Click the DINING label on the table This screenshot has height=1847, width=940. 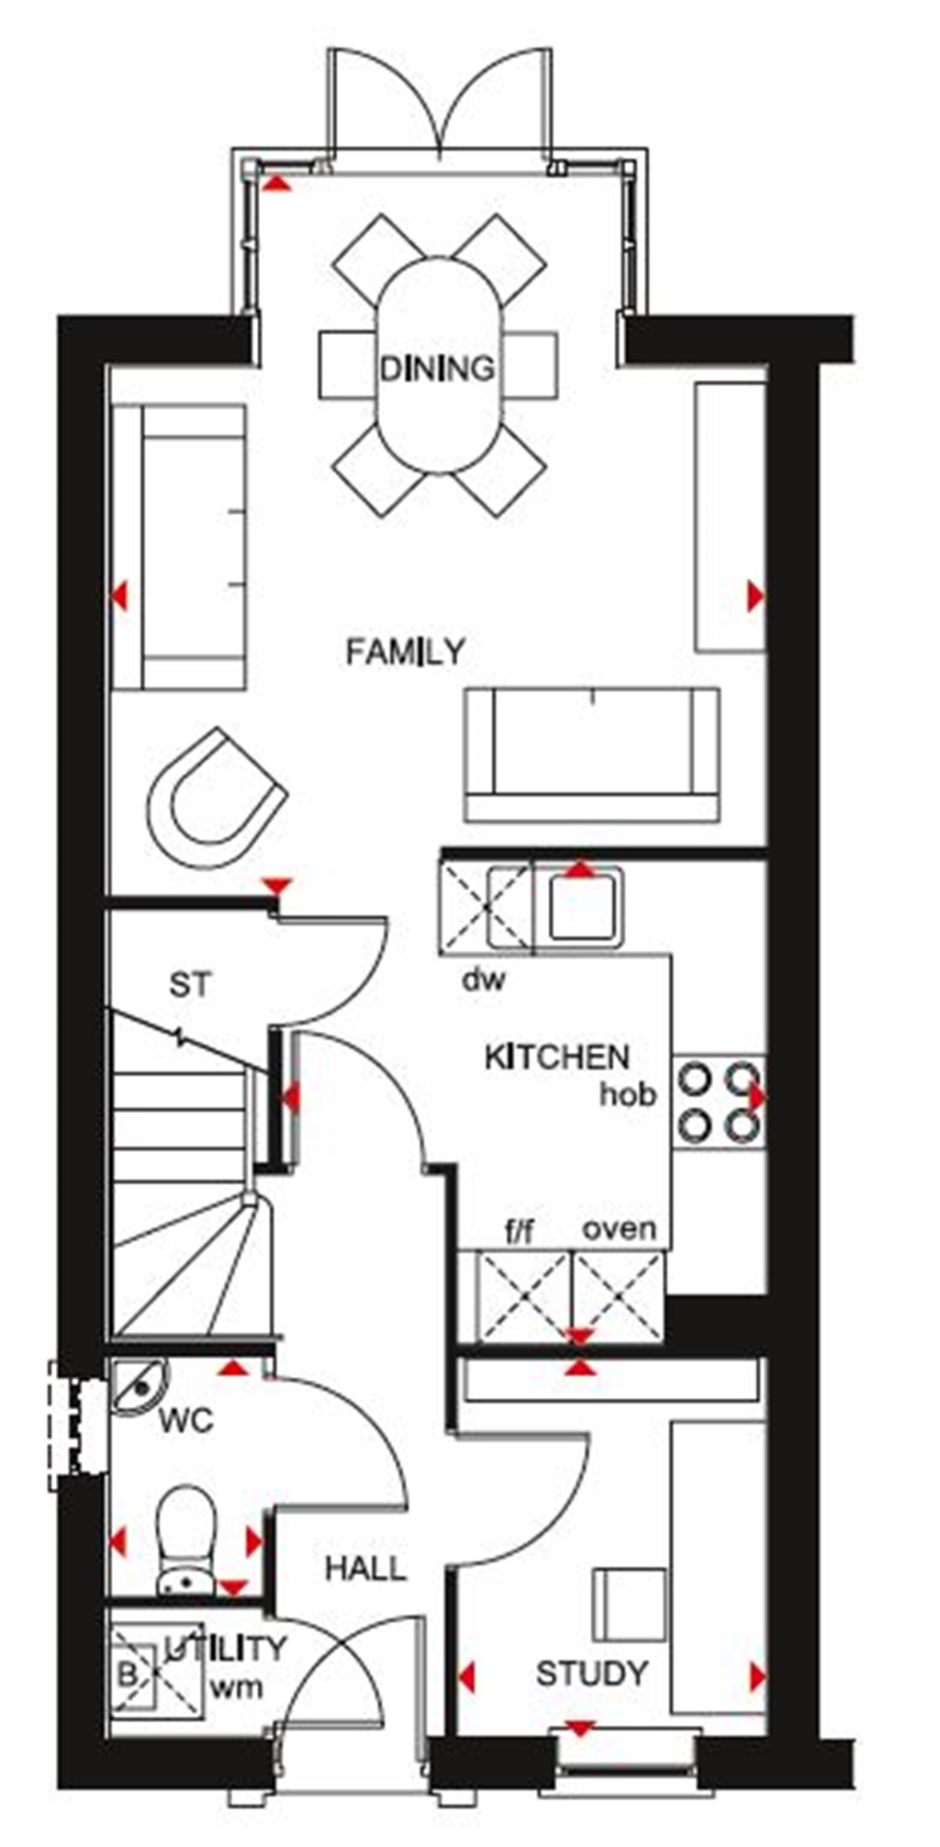438,368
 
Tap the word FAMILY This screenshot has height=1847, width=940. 405,652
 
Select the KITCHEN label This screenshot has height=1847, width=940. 556,1058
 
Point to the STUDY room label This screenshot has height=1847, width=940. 592,1673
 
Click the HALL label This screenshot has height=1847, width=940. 365,1568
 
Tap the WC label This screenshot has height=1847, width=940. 186,1421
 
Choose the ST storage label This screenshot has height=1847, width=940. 190,985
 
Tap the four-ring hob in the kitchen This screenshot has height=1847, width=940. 719,1101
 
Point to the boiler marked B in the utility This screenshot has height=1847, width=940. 127,1674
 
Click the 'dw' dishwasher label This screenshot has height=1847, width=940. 483,980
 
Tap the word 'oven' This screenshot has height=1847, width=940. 620,1228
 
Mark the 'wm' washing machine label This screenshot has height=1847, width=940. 236,1686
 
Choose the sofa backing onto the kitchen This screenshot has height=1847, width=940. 591,755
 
